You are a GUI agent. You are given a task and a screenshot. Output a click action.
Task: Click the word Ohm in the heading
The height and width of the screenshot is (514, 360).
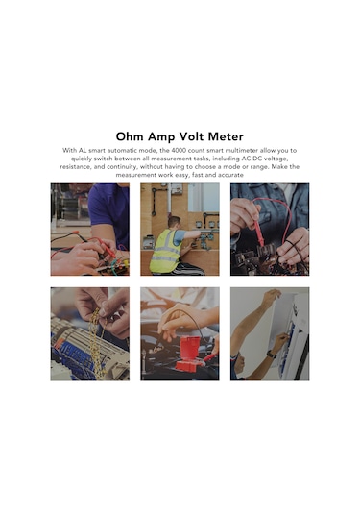(x=132, y=136)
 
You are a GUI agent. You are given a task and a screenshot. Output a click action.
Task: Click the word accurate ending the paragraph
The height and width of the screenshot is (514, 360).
(x=224, y=175)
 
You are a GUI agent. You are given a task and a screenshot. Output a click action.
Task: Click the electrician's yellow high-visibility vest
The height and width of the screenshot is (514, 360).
(x=166, y=251)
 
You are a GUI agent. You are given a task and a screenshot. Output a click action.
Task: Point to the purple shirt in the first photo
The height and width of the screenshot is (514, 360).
(x=108, y=207)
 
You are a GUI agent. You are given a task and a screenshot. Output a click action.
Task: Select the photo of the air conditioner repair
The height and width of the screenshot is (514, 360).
(x=270, y=333)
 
